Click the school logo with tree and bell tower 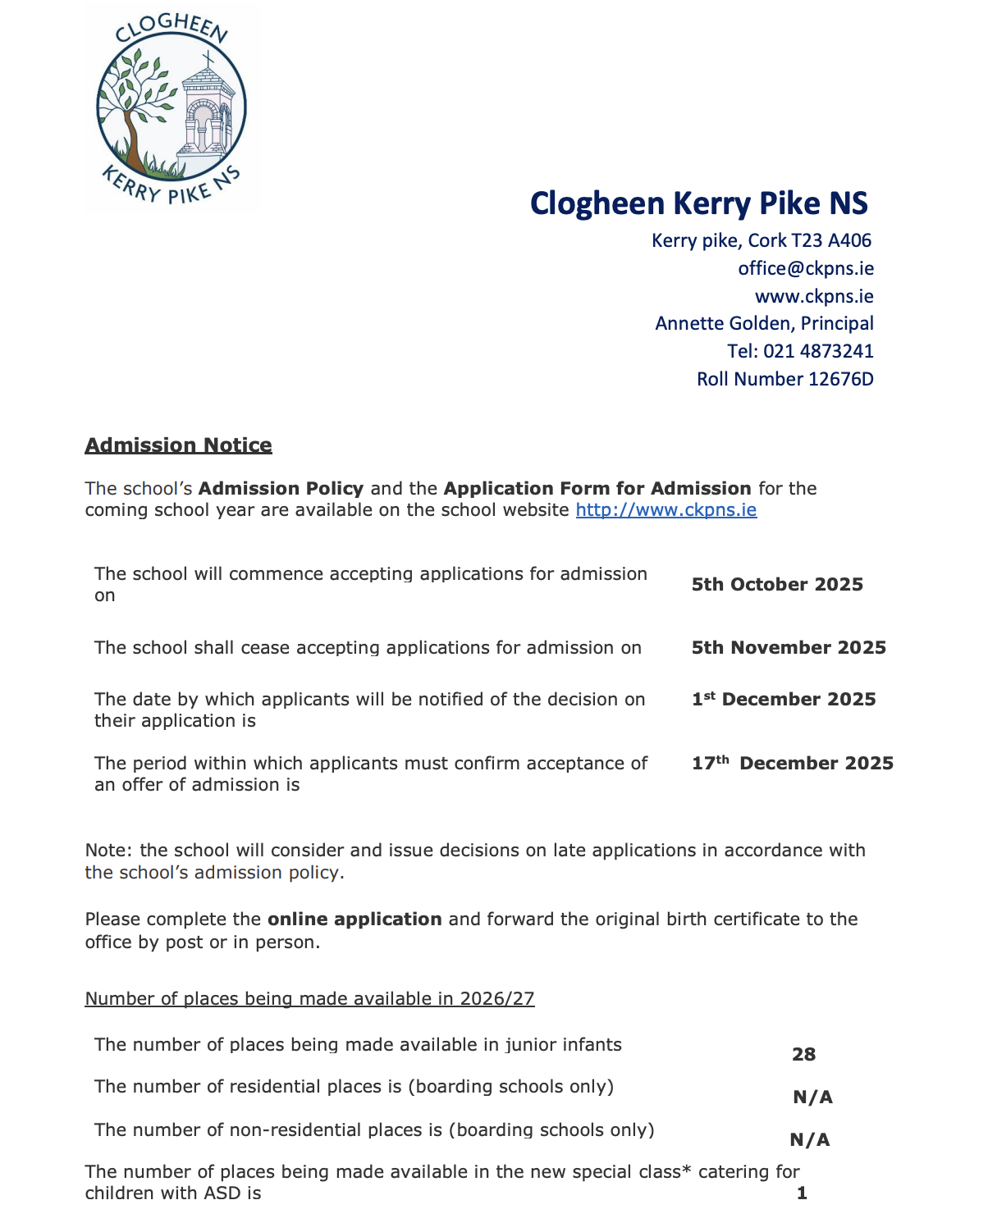click(x=171, y=109)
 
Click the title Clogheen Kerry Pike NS click(x=698, y=203)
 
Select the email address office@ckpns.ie click(x=805, y=268)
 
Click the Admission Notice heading click(x=178, y=445)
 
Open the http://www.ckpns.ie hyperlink click(x=666, y=510)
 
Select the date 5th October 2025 click(x=776, y=584)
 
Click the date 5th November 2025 click(x=788, y=647)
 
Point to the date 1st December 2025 click(x=783, y=699)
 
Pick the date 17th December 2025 click(x=792, y=763)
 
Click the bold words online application click(x=354, y=919)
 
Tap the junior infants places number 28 click(x=803, y=1055)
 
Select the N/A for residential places click(x=812, y=1097)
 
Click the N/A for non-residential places click(x=809, y=1140)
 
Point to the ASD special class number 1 click(x=802, y=1193)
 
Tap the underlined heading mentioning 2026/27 click(x=309, y=999)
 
